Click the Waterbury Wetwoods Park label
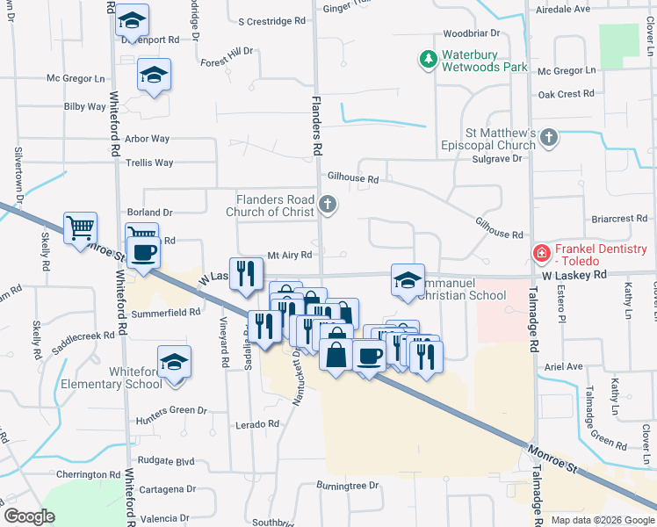484,60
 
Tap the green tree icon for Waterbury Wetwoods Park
428,60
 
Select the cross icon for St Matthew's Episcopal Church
549,137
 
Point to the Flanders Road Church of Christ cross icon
328,206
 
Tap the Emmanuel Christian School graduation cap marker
408,280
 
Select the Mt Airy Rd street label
290,256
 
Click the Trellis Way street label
149,162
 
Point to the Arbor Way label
147,139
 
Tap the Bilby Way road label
85,106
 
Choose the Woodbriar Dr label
472,32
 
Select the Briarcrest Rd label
618,218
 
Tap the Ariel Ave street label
564,366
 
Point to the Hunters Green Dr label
171,410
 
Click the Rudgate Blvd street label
166,461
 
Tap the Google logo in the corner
30,517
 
